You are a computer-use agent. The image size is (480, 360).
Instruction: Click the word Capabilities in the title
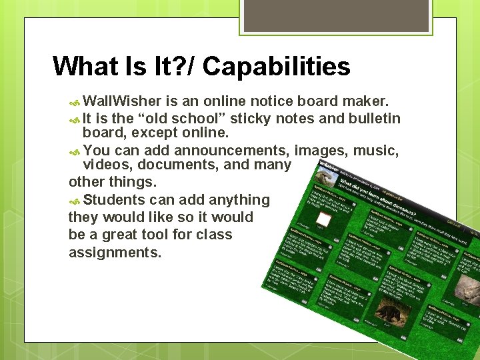[x=276, y=67]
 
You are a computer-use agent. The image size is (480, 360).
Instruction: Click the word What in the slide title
[x=83, y=67]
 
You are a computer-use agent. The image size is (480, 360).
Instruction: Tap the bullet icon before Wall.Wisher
[x=75, y=102]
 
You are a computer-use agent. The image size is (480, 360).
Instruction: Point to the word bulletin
[x=371, y=119]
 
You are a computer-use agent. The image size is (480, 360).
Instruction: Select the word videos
[x=104, y=165]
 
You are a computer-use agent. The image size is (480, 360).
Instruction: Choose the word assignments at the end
[x=115, y=253]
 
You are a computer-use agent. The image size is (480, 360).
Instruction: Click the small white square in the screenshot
[x=323, y=219]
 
